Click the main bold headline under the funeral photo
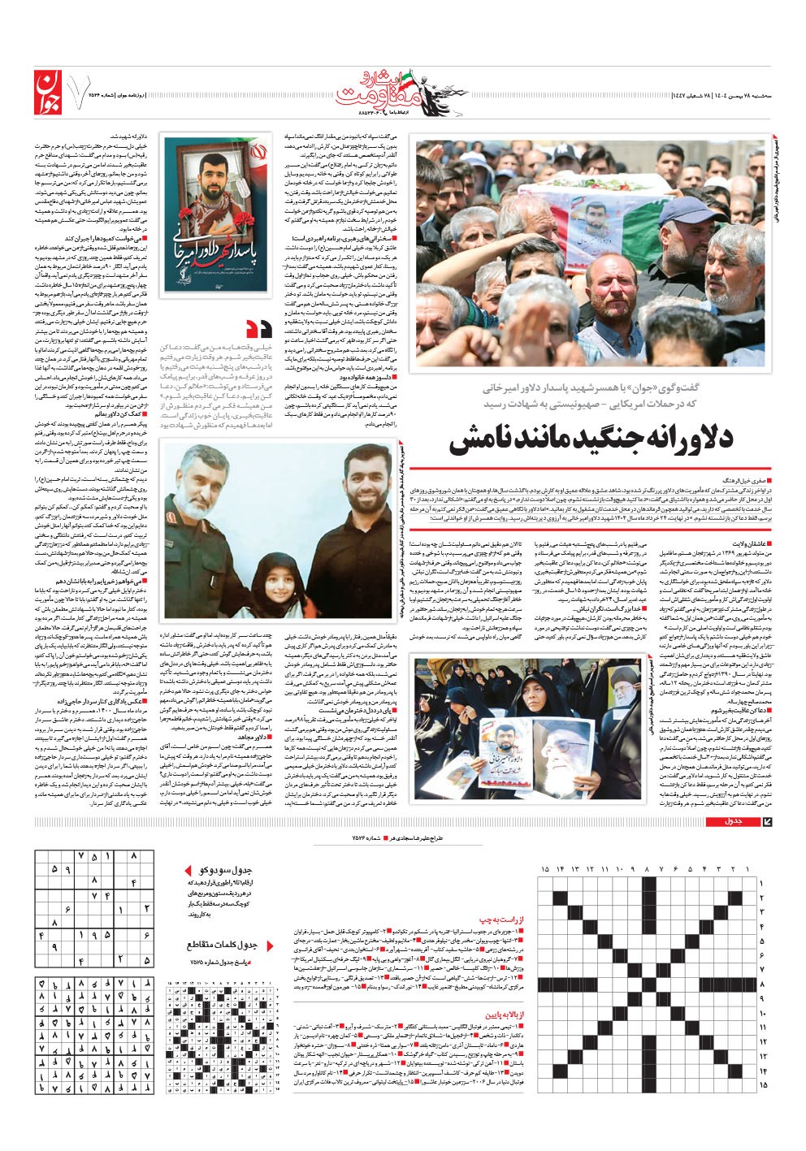pyautogui.click(x=591, y=440)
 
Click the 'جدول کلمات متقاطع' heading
pyautogui.click(x=222, y=945)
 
